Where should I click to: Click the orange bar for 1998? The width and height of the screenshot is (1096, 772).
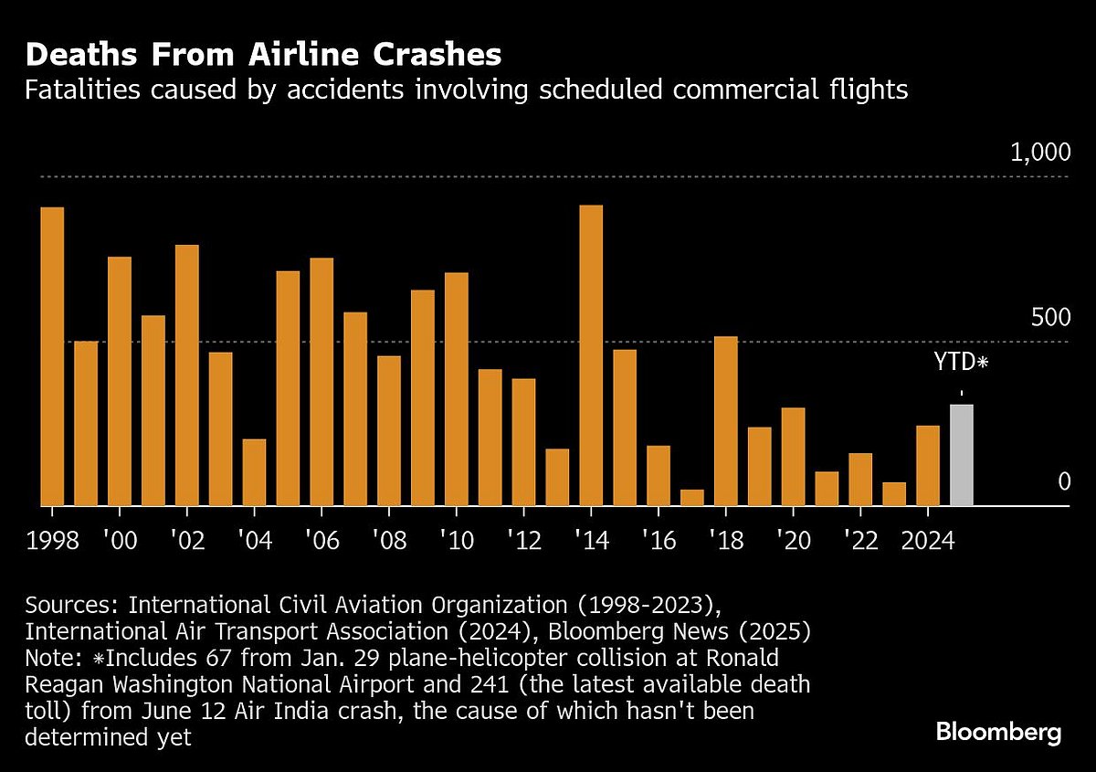(x=52, y=356)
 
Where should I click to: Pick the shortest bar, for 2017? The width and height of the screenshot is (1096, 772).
(x=692, y=497)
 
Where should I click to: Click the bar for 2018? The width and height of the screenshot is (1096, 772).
(x=726, y=420)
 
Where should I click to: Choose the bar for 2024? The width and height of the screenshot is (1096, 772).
(x=928, y=465)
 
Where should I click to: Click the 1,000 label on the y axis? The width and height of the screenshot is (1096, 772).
(x=1038, y=153)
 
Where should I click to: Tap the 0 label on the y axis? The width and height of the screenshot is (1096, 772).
(x=1063, y=481)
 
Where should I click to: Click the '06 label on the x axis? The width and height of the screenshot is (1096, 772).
(x=321, y=539)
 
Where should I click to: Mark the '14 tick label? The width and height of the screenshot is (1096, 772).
(x=591, y=539)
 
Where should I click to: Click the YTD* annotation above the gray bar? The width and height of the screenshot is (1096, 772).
(x=961, y=362)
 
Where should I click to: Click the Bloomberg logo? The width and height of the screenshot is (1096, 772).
(x=998, y=732)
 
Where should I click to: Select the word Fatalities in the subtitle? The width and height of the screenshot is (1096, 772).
(x=83, y=90)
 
